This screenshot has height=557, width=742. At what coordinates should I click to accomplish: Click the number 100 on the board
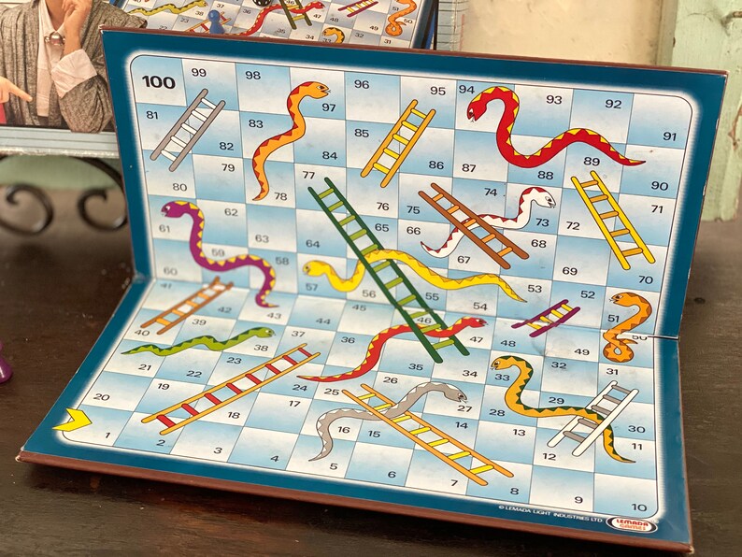click(159, 82)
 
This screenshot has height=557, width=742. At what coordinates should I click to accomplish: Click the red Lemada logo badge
click(636, 524)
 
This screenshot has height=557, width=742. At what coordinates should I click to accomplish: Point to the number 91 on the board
click(669, 136)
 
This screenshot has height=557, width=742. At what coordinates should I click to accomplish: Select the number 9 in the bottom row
click(578, 500)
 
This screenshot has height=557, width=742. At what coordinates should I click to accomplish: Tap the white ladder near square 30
click(594, 417)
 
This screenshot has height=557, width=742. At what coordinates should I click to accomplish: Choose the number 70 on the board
click(645, 279)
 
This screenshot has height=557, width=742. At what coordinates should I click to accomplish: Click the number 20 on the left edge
click(101, 396)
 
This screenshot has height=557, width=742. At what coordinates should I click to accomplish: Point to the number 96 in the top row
click(362, 84)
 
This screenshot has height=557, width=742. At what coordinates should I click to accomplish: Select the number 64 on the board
click(312, 244)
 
